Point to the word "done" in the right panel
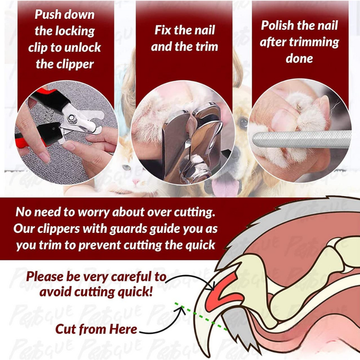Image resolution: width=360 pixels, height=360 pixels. pyautogui.click(x=299, y=59)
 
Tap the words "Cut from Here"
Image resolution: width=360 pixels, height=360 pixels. pyautogui.click(x=96, y=329)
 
